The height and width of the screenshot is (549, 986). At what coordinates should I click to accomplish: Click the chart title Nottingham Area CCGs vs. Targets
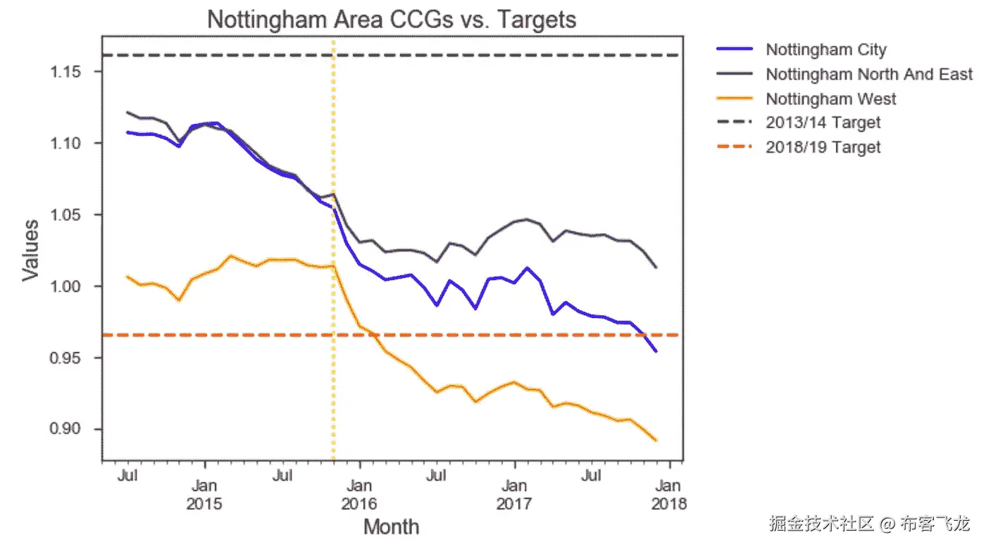(x=392, y=19)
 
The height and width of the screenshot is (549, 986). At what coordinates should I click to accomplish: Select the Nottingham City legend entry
(x=825, y=49)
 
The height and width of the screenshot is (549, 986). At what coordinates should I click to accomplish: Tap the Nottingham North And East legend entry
(x=869, y=74)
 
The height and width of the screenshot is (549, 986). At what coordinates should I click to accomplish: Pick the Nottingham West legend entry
(x=831, y=99)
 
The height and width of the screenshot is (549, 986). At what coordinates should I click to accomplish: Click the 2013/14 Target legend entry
(x=823, y=122)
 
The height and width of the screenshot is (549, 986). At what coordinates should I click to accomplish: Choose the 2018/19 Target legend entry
(x=823, y=147)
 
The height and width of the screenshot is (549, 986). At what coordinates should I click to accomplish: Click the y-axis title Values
(x=30, y=250)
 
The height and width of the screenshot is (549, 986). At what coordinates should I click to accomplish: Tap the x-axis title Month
(x=391, y=526)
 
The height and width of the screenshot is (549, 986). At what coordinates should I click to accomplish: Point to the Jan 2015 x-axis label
(x=204, y=495)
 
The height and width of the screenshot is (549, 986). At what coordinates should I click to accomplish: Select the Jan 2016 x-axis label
(x=359, y=495)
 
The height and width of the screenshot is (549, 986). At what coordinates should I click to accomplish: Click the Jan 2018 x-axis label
(x=669, y=495)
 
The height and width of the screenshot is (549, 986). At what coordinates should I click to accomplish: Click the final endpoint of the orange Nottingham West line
(x=656, y=441)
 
